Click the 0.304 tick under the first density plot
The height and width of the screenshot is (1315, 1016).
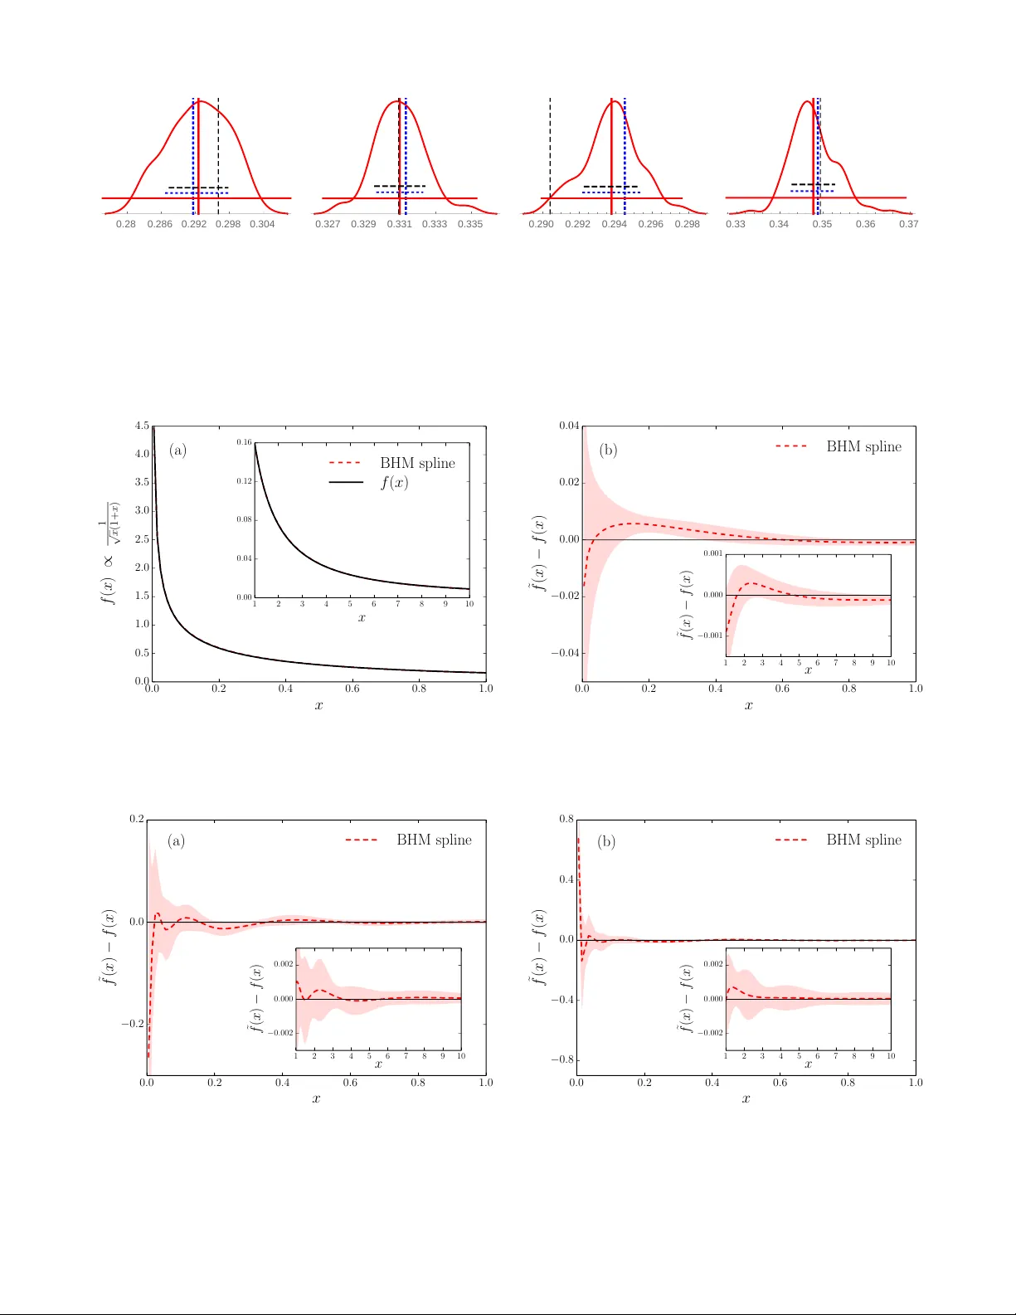262,224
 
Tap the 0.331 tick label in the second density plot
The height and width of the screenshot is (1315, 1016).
399,224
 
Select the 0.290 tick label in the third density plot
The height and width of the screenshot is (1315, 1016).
541,224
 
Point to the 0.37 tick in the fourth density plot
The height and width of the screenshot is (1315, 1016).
908,224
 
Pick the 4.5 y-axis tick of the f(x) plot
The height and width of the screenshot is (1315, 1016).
143,426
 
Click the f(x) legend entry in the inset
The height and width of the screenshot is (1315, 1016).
394,482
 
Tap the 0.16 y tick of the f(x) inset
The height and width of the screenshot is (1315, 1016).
244,442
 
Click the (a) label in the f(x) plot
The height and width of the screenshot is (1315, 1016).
177,450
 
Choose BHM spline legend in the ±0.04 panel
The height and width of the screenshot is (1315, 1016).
863,446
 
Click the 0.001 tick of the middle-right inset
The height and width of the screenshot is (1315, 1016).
713,553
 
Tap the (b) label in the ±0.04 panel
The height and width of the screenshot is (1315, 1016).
608,450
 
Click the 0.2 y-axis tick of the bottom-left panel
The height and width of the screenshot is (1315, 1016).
136,819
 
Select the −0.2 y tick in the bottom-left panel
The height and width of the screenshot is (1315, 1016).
133,1024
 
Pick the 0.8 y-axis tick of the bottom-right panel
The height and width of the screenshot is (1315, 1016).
566,819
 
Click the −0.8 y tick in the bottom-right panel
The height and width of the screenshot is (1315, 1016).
563,1059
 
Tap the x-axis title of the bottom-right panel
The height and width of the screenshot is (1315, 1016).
746,1099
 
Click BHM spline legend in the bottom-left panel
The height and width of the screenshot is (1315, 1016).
433,840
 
